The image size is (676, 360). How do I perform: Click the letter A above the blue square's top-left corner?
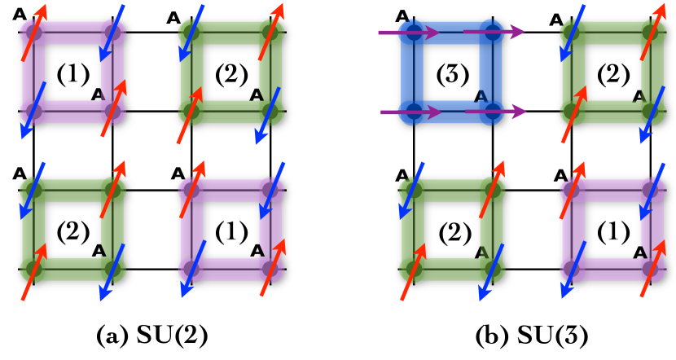pyautogui.click(x=402, y=15)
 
